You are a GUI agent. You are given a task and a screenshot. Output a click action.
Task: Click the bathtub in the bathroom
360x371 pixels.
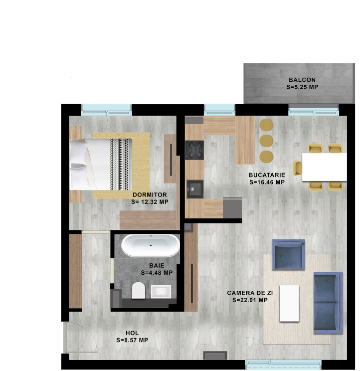(151, 245)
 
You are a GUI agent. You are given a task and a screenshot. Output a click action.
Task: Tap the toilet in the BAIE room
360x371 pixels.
(138, 290)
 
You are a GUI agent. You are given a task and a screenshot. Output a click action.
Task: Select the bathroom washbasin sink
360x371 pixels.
(161, 292)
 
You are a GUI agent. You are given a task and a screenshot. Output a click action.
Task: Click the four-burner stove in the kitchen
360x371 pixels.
(194, 150)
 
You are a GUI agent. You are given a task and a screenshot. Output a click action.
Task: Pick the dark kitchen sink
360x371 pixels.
(195, 189)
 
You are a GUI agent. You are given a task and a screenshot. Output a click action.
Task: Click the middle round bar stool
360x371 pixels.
(266, 141)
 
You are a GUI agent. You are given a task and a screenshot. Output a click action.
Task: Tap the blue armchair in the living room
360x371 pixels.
(289, 254)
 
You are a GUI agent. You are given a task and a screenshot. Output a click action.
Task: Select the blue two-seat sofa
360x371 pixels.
(328, 302)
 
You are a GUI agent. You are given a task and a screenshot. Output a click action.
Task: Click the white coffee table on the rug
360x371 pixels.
(289, 303)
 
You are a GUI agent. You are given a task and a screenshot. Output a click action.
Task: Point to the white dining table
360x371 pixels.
(325, 167)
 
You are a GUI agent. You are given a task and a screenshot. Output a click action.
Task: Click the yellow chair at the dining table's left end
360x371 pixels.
(297, 168)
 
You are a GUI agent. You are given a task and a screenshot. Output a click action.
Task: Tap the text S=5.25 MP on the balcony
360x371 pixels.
(302, 87)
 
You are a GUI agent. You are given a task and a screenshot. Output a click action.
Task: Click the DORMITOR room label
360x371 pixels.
(150, 195)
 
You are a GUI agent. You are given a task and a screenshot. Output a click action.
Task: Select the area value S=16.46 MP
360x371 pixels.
(267, 182)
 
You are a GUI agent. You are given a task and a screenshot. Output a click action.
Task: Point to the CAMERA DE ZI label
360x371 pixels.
(250, 293)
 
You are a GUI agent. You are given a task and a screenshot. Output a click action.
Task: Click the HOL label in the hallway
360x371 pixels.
(132, 333)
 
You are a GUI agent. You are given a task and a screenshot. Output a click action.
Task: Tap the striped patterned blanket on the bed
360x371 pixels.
(121, 165)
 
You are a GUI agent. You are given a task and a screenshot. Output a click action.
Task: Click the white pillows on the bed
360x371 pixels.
(78, 165)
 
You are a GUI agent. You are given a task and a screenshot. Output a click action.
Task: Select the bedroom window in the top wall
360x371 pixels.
(106, 110)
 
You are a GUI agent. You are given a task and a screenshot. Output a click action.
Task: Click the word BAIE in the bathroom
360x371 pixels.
(157, 265)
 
